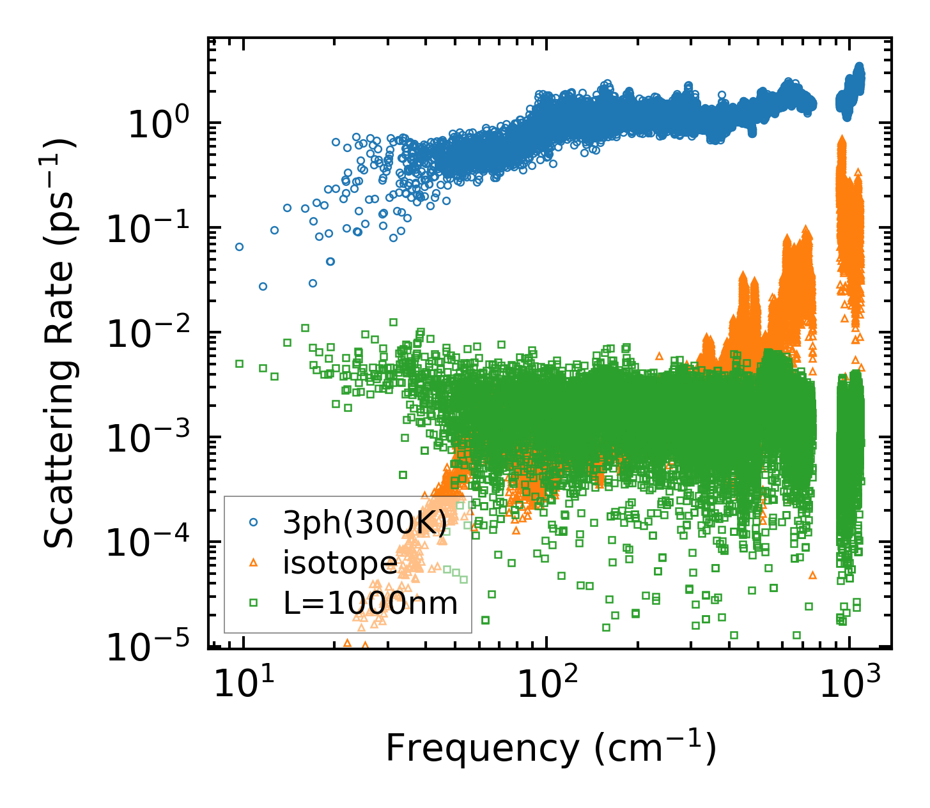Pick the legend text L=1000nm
[371, 602]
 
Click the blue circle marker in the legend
[254, 522]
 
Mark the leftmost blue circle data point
[240, 247]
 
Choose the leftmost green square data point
[240, 363]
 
